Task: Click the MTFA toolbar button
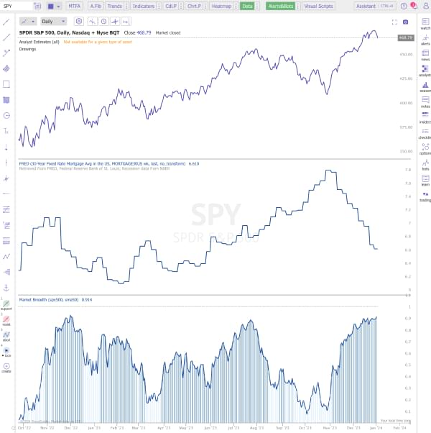(75, 6)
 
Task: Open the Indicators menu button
(144, 6)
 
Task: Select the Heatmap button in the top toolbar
(221, 6)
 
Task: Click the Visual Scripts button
(319, 6)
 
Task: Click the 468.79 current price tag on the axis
(405, 37)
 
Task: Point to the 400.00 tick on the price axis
(406, 103)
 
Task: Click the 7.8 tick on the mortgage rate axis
(407, 170)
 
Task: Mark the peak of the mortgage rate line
(328, 170)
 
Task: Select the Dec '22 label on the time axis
(70, 427)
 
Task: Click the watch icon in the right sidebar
(425, 24)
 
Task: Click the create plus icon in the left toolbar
(6, 366)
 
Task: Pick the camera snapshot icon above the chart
(405, 22)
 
